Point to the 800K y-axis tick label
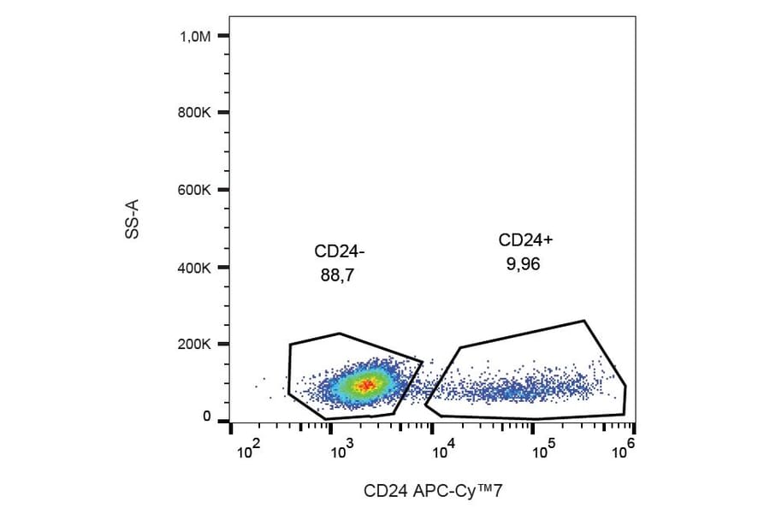pos(195,113)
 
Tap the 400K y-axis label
pos(195,268)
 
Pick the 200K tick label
pos(195,345)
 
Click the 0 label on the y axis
pos(207,416)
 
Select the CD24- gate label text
pos(340,252)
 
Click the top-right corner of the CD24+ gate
pos(583,322)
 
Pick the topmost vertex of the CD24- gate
pos(340,334)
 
